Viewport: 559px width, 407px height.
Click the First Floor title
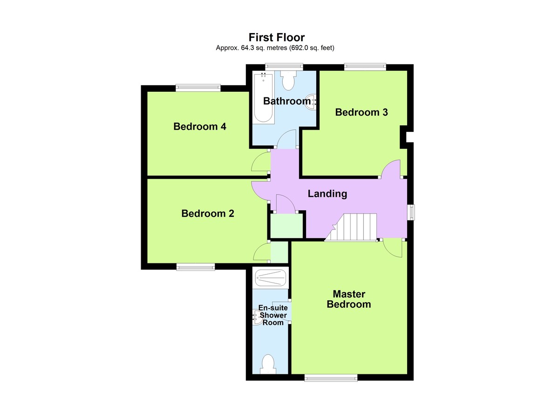click(276, 37)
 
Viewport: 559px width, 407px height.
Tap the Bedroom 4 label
click(200, 126)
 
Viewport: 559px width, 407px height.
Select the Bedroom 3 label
click(361, 112)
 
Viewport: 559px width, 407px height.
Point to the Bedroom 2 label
click(208, 214)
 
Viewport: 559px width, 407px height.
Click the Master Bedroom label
click(349, 299)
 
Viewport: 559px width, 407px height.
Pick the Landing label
click(327, 193)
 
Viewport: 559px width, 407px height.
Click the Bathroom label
click(286, 101)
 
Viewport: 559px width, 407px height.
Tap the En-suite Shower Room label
click(273, 315)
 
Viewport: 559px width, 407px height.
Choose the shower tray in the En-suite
click(270, 278)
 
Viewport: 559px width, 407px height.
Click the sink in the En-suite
click(257, 318)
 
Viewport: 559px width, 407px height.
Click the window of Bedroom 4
click(198, 86)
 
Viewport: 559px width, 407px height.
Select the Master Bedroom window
click(331, 378)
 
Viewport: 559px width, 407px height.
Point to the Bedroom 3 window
click(365, 67)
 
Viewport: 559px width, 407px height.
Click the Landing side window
click(411, 212)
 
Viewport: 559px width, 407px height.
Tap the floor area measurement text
click(275, 48)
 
